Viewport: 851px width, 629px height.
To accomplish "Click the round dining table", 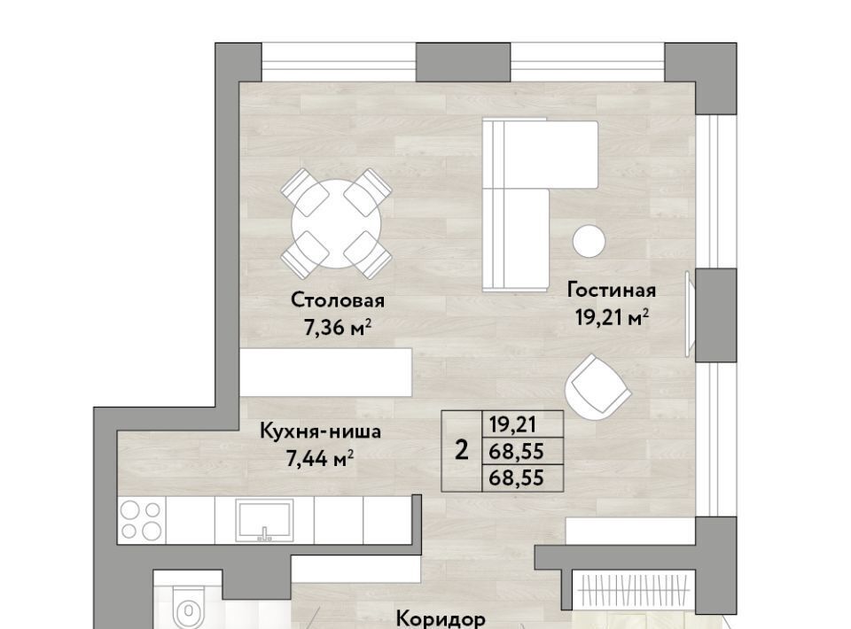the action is pyautogui.click(x=336, y=223).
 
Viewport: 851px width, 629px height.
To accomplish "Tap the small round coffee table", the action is pyautogui.click(x=589, y=241).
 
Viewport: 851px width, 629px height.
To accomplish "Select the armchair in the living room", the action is pyautogui.click(x=597, y=387).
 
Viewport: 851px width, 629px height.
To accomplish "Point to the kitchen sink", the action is pyautogui.click(x=265, y=520).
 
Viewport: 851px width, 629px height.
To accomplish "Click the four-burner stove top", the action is pyautogui.click(x=141, y=520).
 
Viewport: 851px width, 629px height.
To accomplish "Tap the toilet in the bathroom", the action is pyautogui.click(x=188, y=608).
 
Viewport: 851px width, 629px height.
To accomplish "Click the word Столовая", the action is pyautogui.click(x=338, y=300).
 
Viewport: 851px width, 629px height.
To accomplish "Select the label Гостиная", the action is pyautogui.click(x=612, y=290).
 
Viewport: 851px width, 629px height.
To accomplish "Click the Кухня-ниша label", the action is pyautogui.click(x=320, y=431).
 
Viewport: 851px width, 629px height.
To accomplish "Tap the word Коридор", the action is pyautogui.click(x=441, y=618).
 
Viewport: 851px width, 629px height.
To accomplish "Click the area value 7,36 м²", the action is pyautogui.click(x=337, y=328).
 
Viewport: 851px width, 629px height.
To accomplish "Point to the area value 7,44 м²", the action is pyautogui.click(x=320, y=459).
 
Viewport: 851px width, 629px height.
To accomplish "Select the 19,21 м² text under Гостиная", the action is pyautogui.click(x=612, y=317).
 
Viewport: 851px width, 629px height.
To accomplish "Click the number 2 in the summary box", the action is pyautogui.click(x=461, y=451).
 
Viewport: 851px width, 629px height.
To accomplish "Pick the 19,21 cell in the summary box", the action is pyautogui.click(x=513, y=424).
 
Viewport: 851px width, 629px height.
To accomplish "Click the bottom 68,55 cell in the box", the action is pyautogui.click(x=516, y=478).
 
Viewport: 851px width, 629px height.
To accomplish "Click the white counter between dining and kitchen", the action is pyautogui.click(x=325, y=372).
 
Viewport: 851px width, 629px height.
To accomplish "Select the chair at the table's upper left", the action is pyautogui.click(x=304, y=192).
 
